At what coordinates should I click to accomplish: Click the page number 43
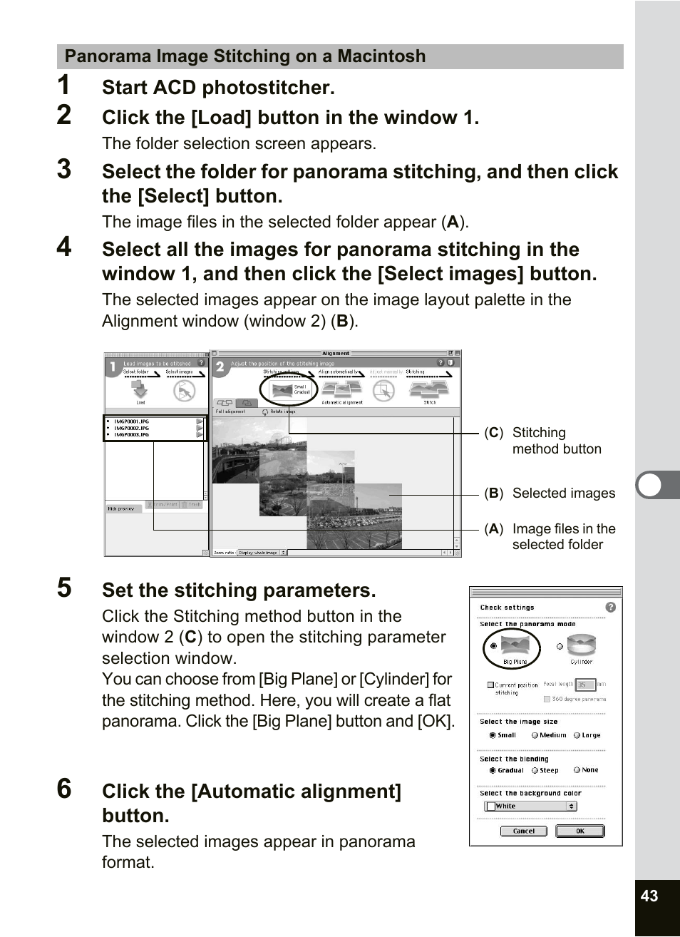[649, 896]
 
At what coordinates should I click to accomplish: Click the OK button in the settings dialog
[579, 831]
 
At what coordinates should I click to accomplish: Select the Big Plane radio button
[493, 646]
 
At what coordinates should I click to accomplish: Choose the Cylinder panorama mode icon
[582, 646]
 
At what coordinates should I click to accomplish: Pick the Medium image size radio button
[535, 735]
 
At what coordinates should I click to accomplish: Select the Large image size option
[577, 735]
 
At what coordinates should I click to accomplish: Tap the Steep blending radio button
[535, 770]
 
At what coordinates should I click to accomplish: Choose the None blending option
[577, 770]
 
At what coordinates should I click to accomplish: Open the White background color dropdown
[530, 806]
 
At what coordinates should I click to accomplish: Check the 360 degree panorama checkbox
[547, 699]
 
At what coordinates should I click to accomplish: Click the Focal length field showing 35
[584, 685]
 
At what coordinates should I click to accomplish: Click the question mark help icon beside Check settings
[610, 607]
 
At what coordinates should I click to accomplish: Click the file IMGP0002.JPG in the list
[132, 428]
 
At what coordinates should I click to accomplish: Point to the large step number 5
[64, 588]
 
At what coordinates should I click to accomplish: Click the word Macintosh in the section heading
[381, 56]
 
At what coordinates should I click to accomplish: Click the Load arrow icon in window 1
[140, 389]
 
